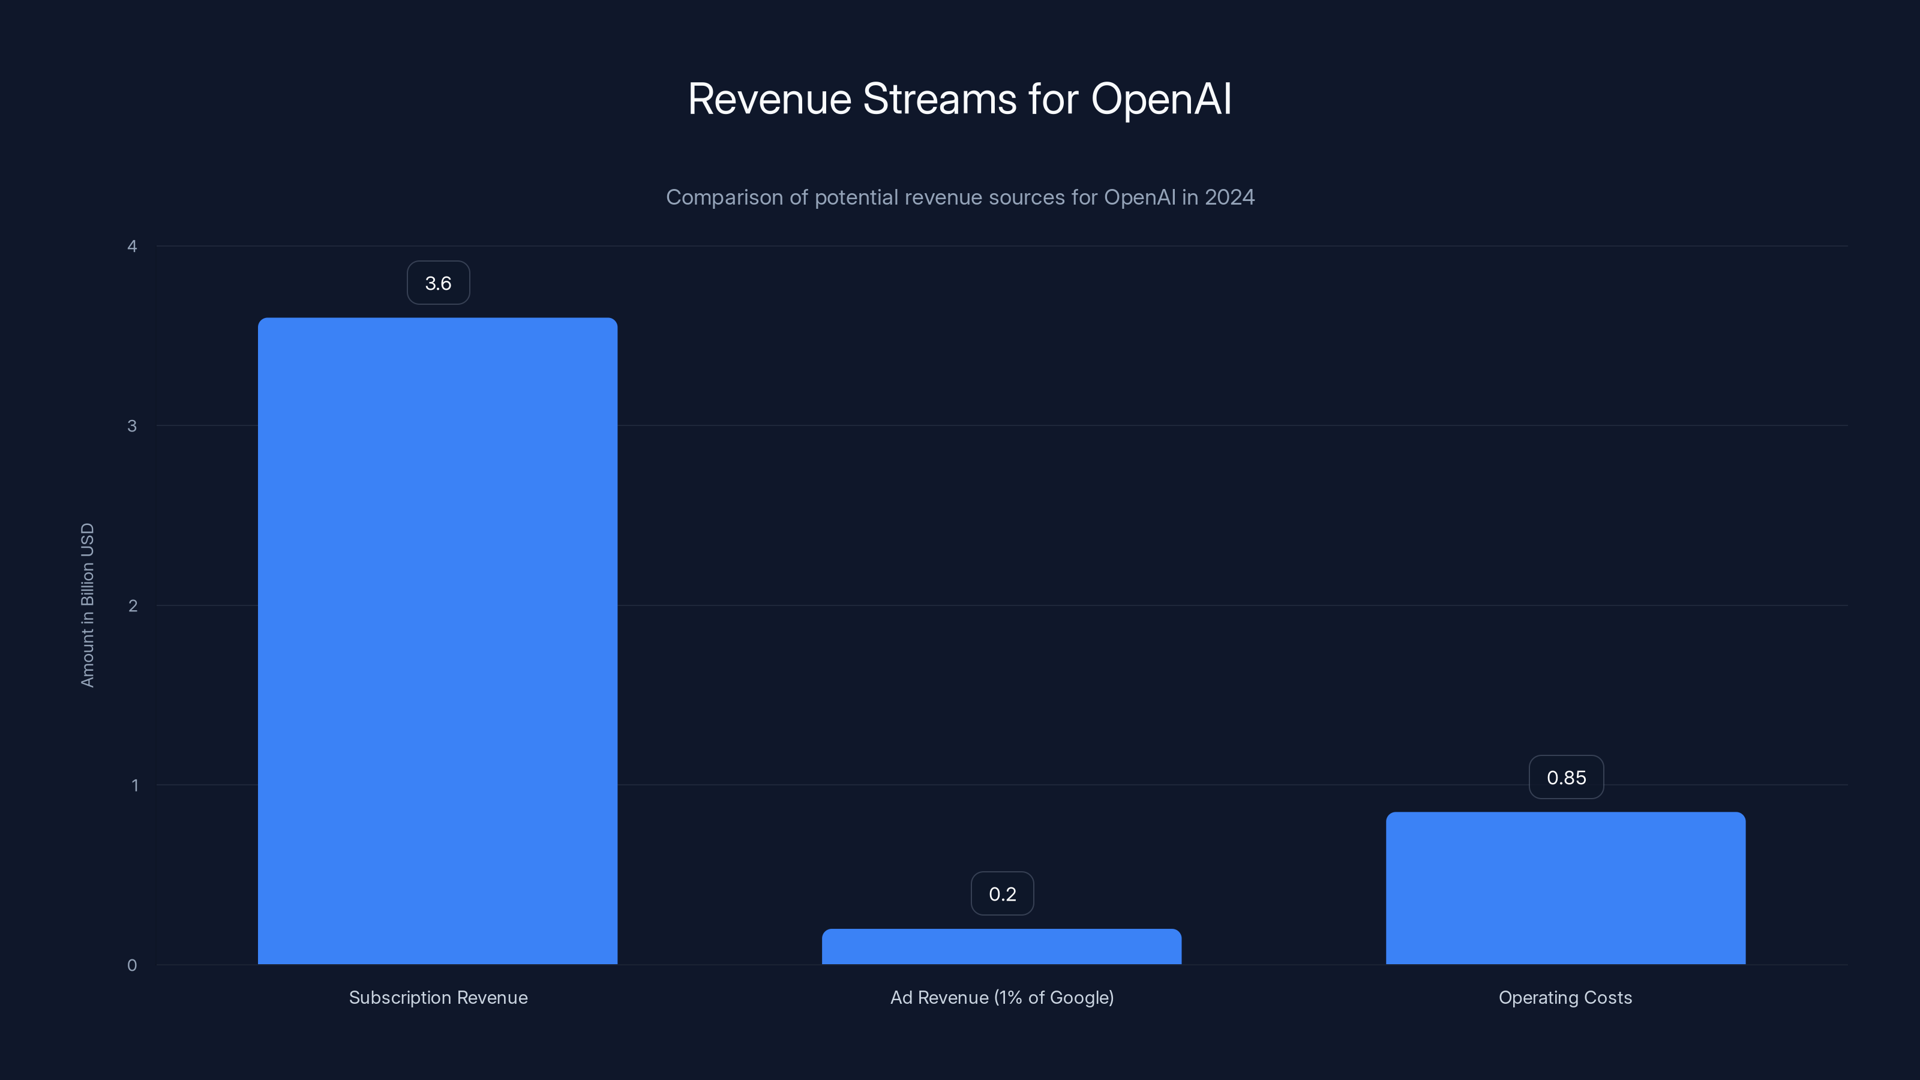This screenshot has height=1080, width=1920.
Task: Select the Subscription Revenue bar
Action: pyautogui.click(x=437, y=641)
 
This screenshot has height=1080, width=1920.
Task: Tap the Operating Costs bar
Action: pyautogui.click(x=1565, y=889)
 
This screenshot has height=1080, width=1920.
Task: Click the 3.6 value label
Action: pyautogui.click(x=438, y=283)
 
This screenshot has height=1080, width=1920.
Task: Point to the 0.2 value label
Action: pyautogui.click(x=1002, y=893)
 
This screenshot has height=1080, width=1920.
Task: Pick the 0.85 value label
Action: pyautogui.click(x=1566, y=778)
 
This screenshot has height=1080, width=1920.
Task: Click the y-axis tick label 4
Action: pyautogui.click(x=133, y=246)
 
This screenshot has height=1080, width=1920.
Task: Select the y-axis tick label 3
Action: pyautogui.click(x=133, y=425)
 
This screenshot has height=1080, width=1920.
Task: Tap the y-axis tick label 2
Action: pyautogui.click(x=133, y=605)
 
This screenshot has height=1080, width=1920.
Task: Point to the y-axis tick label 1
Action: pyautogui.click(x=135, y=785)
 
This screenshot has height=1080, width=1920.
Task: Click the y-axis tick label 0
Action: pyautogui.click(x=133, y=965)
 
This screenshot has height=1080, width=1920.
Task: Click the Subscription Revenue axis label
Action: pyautogui.click(x=438, y=997)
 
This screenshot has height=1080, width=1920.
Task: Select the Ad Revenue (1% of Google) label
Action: pyautogui.click(x=1002, y=997)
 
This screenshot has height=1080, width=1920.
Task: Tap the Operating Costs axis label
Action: pyautogui.click(x=1565, y=997)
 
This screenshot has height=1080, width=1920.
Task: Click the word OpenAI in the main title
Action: pyautogui.click(x=1160, y=99)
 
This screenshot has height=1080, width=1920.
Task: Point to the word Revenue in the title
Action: pyautogui.click(x=769, y=99)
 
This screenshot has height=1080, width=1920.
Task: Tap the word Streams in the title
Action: pyautogui.click(x=939, y=99)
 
